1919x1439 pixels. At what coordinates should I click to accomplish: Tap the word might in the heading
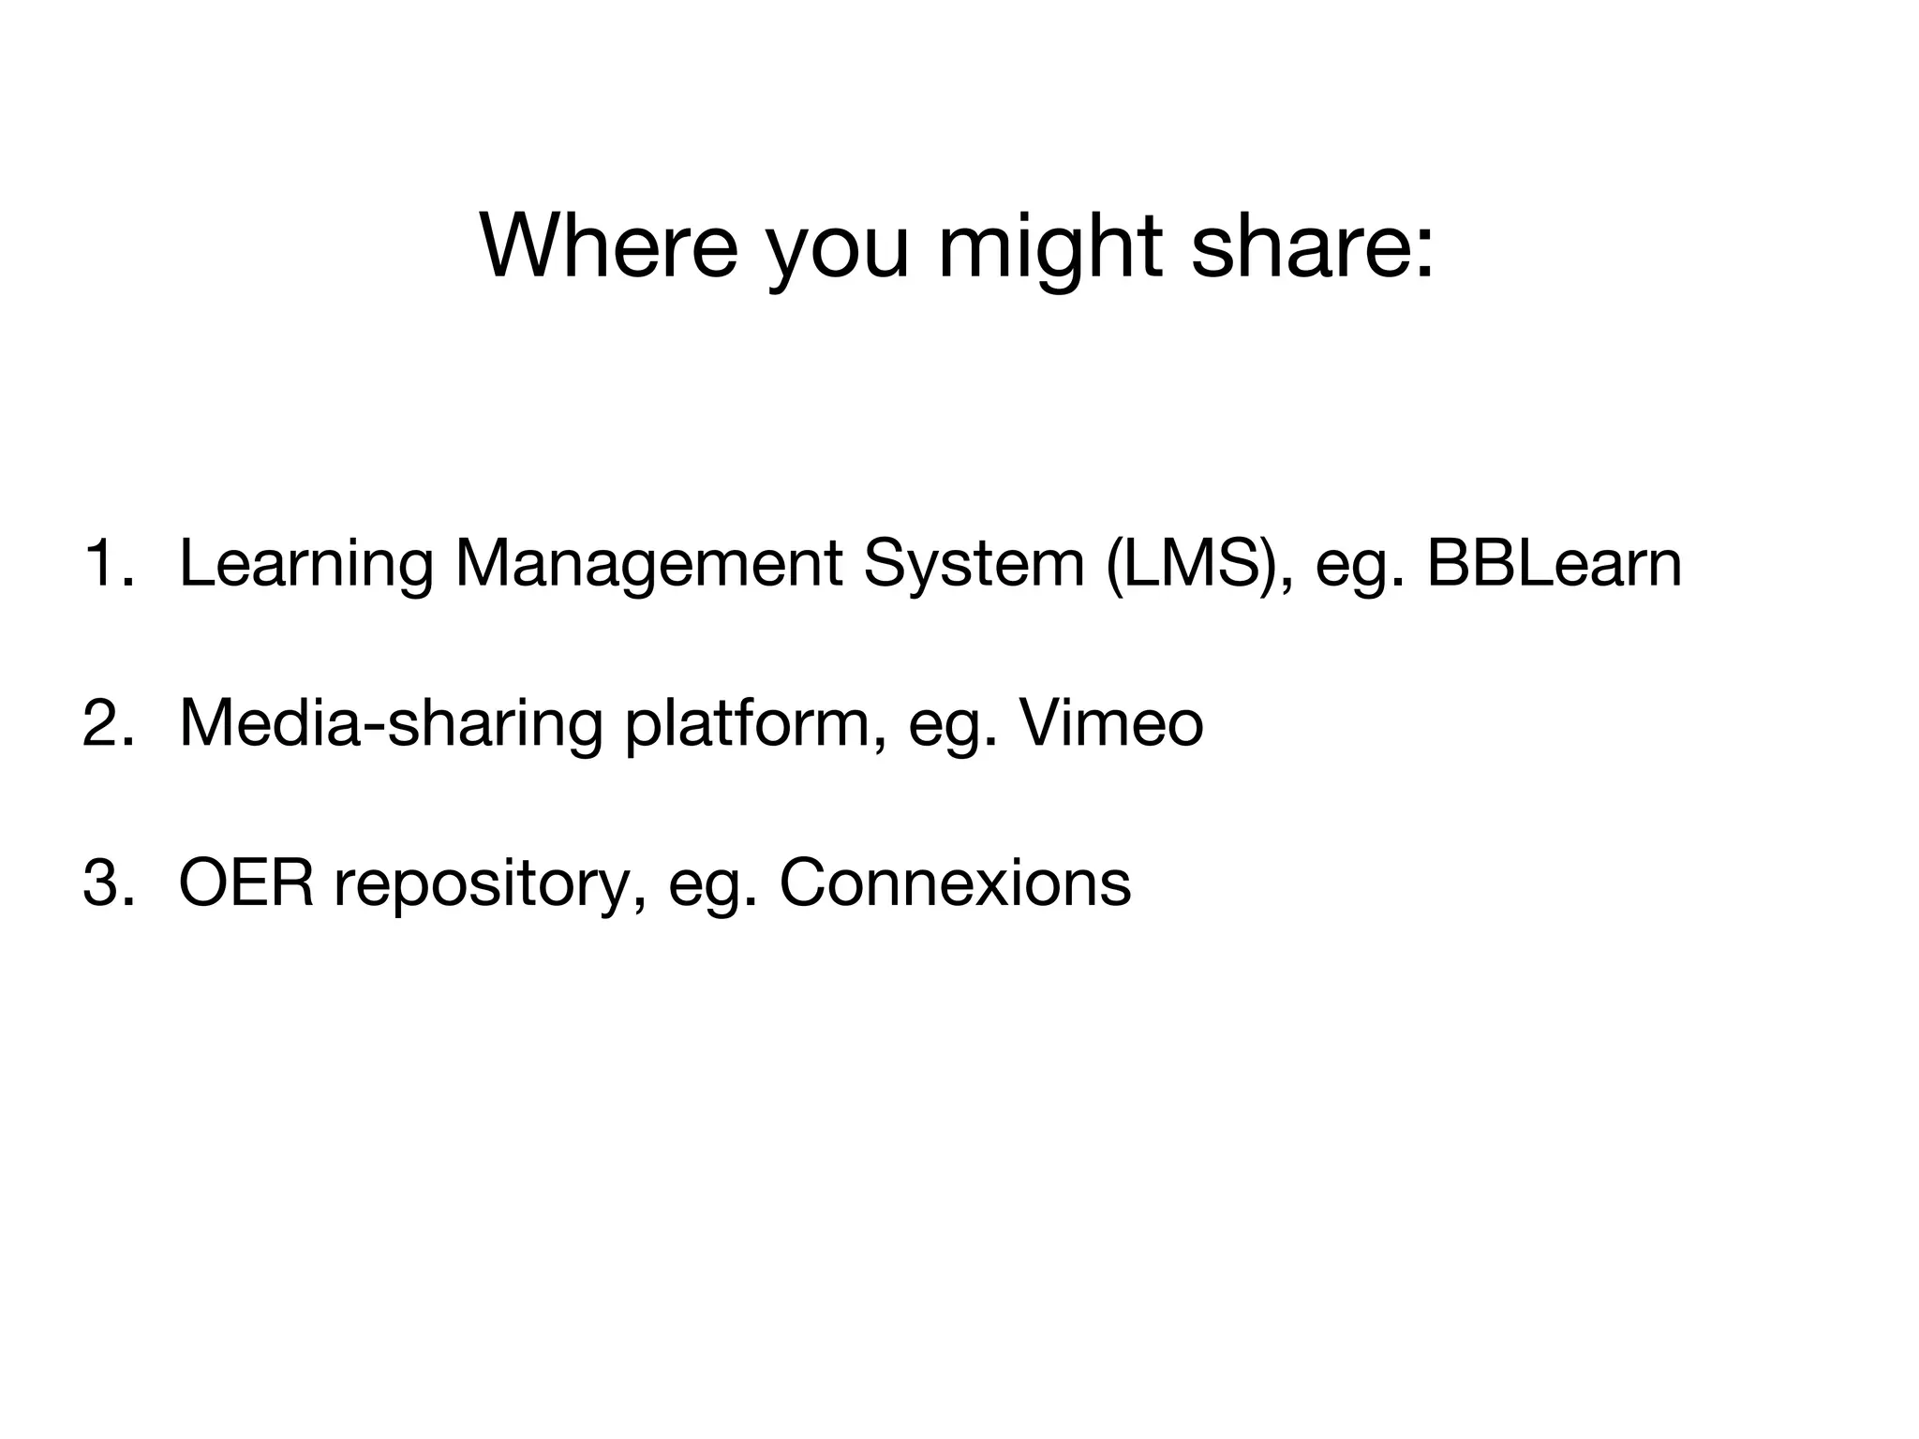point(1050,248)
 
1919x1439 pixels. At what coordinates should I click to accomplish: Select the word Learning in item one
point(305,567)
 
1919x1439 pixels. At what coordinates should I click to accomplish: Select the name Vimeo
point(1111,723)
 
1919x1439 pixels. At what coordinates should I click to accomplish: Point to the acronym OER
point(246,883)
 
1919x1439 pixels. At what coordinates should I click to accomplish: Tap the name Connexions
point(955,883)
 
